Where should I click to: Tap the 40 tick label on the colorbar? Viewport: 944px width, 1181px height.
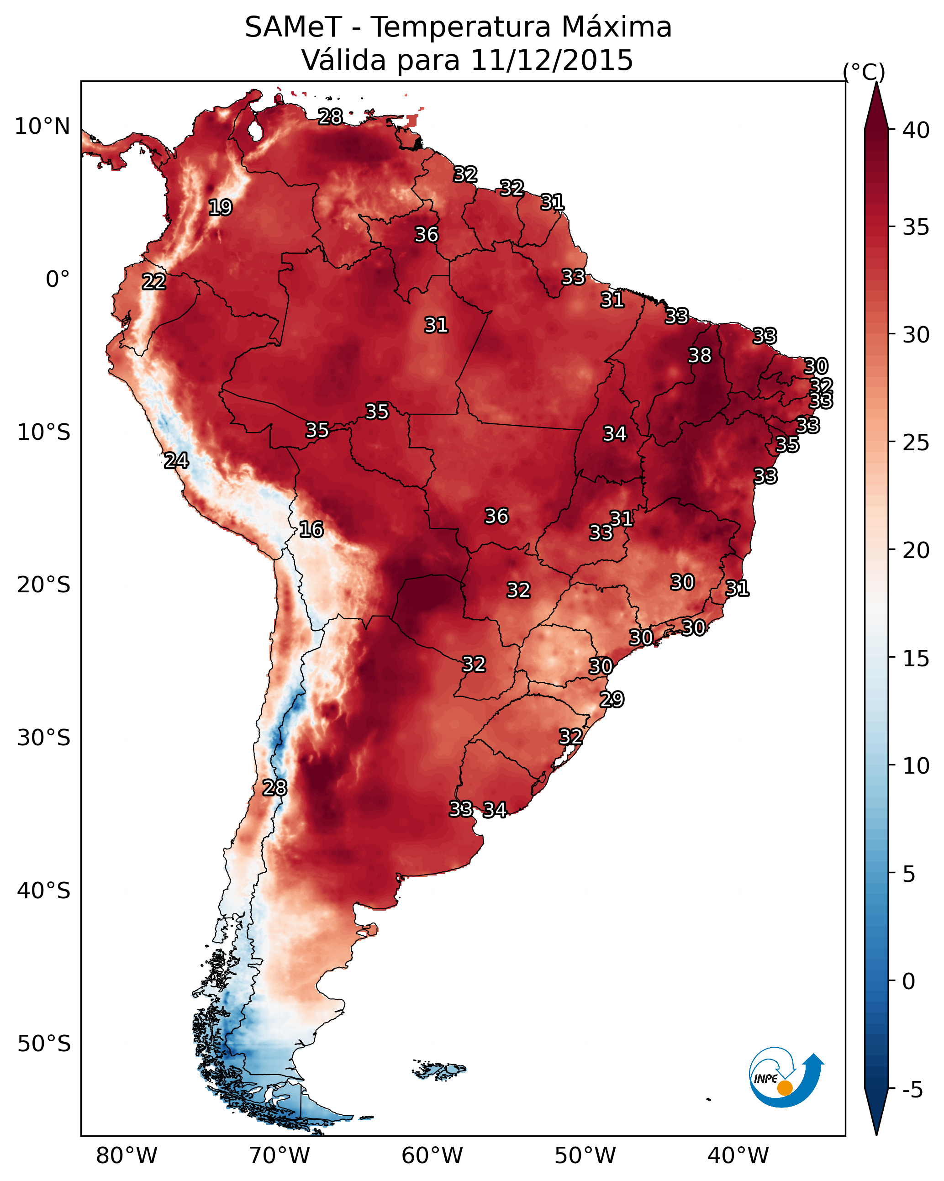point(916,130)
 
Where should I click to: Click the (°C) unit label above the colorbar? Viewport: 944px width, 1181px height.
point(864,72)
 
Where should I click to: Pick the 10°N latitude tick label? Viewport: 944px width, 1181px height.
point(42,127)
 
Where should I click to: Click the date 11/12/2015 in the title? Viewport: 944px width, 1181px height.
point(552,60)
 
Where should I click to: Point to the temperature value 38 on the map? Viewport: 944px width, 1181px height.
point(700,355)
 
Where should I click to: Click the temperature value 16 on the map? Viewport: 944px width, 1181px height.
point(311,529)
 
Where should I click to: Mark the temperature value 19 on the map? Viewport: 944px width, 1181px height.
point(220,208)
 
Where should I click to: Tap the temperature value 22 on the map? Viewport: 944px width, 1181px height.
point(154,282)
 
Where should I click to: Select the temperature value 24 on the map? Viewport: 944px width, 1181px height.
point(176,460)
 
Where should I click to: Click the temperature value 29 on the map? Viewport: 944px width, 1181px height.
point(612,700)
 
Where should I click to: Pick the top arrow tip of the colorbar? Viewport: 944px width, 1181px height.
point(876,82)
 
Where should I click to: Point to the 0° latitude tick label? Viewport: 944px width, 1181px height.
point(58,279)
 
